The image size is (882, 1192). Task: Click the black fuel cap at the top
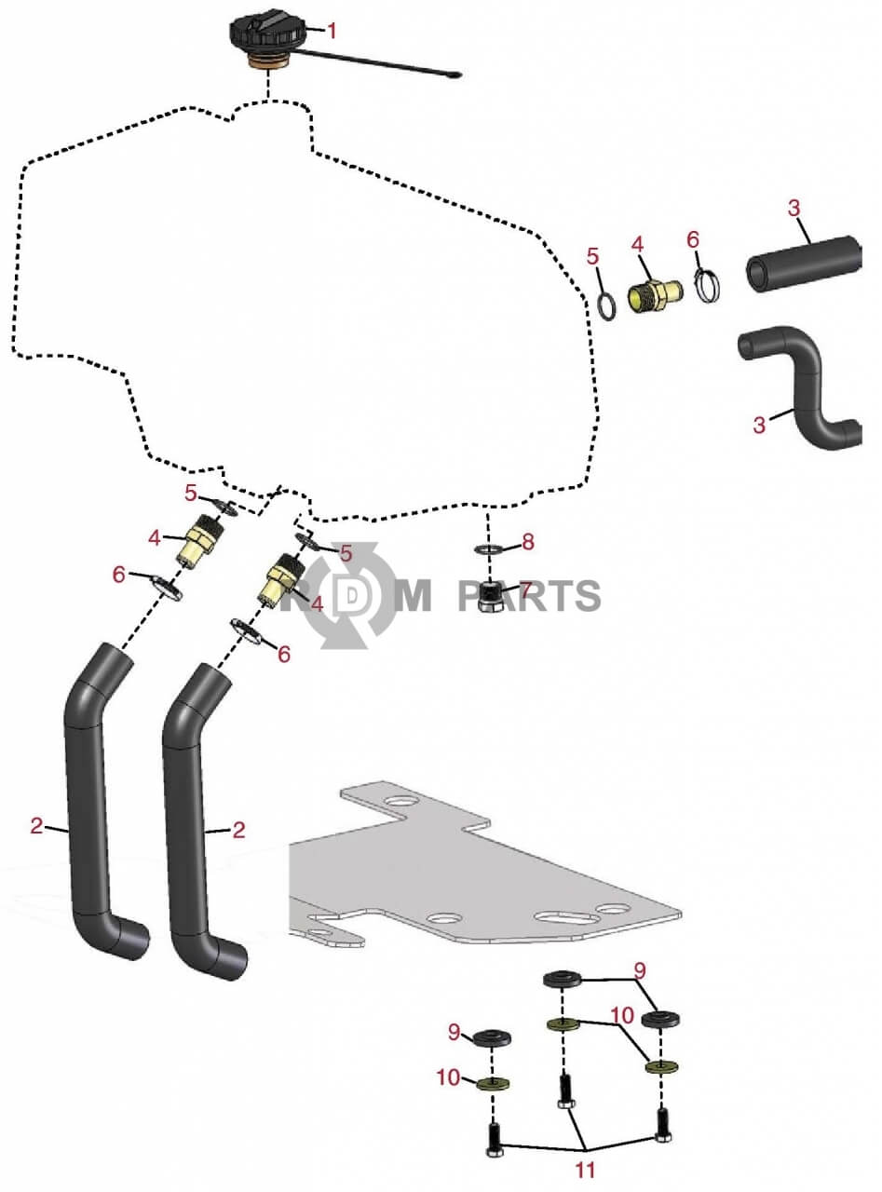(x=267, y=35)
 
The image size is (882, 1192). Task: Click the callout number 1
(x=332, y=31)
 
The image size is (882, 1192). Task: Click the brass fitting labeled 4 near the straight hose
(x=656, y=295)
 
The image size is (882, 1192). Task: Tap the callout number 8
(x=528, y=542)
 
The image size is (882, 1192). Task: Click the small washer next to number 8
(x=488, y=549)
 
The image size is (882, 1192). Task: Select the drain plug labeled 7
(x=490, y=597)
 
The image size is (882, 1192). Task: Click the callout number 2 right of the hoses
(x=238, y=830)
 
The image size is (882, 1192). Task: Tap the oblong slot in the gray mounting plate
(x=568, y=917)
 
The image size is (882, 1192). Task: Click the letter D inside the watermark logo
(x=352, y=597)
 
